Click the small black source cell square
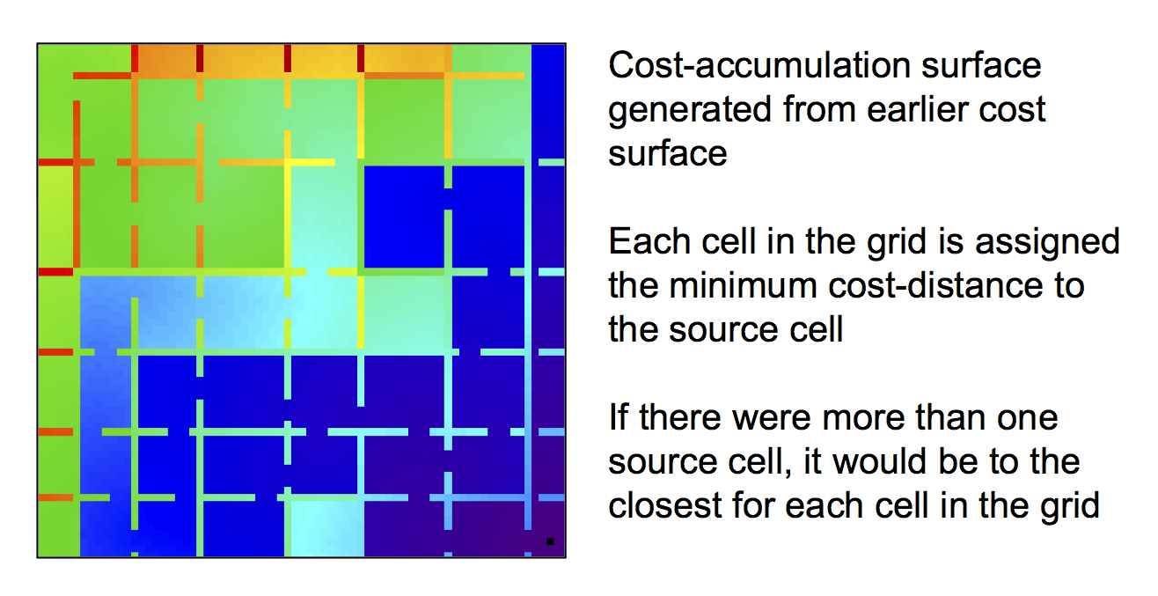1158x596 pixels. tap(550, 541)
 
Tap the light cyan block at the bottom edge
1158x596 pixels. tap(326, 528)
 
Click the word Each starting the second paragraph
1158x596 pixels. tap(643, 242)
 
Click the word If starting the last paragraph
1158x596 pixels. tap(619, 417)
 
